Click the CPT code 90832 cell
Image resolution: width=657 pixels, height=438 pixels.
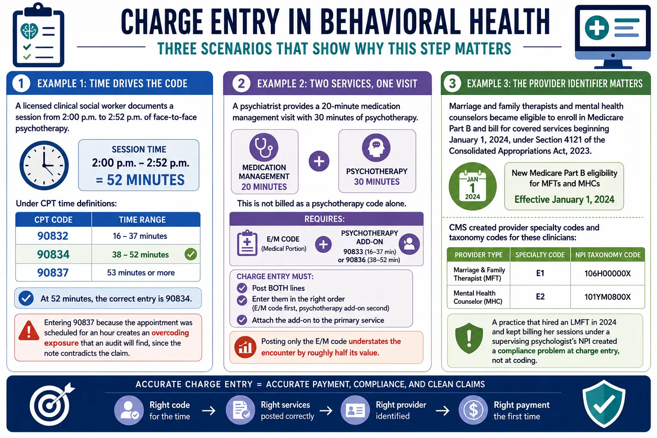click(53, 236)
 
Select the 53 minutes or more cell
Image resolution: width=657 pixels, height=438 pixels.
click(141, 272)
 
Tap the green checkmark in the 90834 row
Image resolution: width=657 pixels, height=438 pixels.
click(191, 254)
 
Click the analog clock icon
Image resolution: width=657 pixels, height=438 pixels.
click(44, 165)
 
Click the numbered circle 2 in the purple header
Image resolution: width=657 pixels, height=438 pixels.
click(241, 83)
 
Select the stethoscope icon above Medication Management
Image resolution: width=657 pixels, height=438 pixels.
click(263, 147)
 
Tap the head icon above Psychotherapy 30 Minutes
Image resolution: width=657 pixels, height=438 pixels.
click(376, 148)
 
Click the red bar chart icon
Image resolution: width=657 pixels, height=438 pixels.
click(245, 347)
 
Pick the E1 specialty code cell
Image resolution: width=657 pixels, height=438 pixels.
click(540, 273)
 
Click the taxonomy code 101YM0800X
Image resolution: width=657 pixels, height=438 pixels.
click(607, 297)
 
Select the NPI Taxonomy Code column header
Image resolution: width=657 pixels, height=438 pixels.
click(608, 255)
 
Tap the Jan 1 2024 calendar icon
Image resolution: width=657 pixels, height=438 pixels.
click(473, 186)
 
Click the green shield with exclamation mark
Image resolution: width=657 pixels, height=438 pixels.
click(469, 338)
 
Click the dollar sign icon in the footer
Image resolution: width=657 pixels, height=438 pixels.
click(473, 410)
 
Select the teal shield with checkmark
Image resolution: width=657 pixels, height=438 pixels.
click(604, 404)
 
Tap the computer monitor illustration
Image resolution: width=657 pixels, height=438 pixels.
click(613, 37)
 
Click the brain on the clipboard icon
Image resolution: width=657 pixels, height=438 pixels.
click(29, 31)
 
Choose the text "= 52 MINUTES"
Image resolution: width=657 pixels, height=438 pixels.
click(140, 180)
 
